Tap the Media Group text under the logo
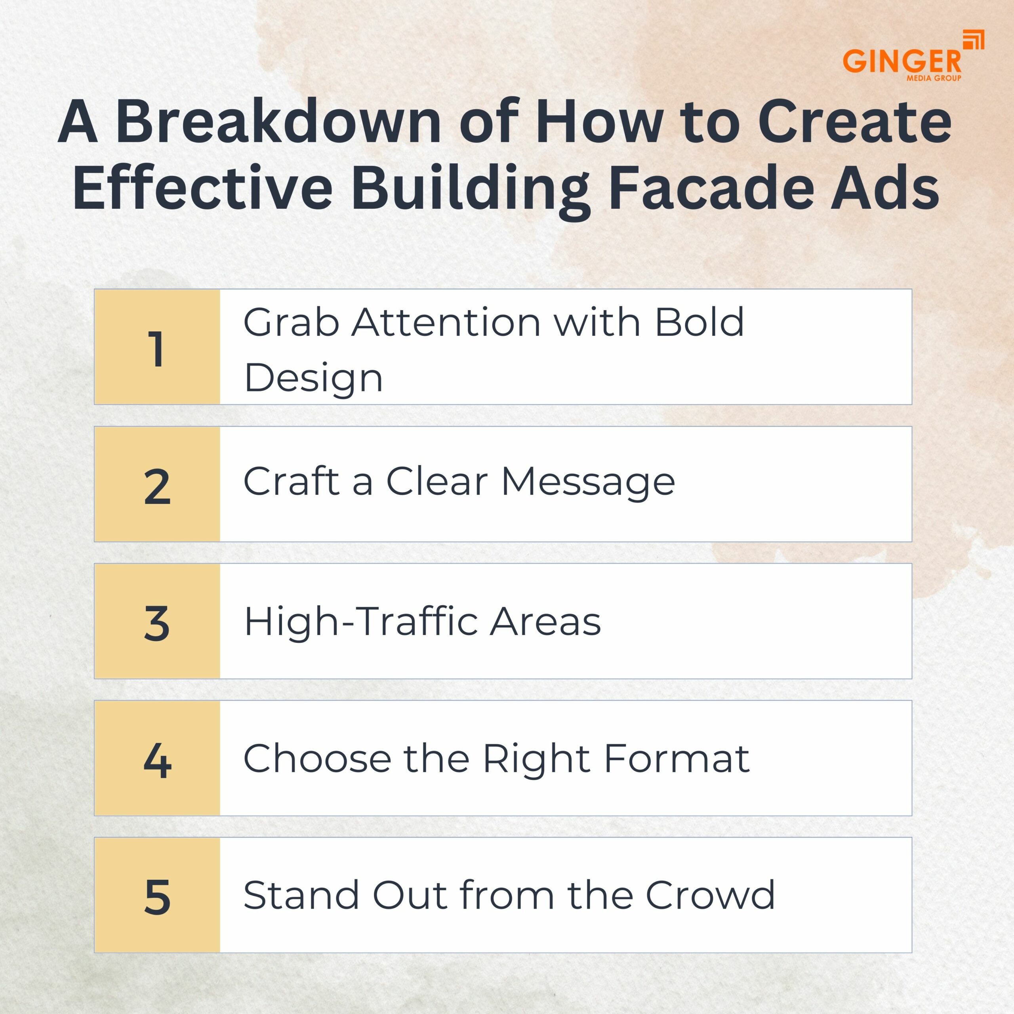(934, 78)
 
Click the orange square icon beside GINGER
(974, 40)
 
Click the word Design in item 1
(313, 378)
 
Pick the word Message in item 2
(588, 482)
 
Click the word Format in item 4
(678, 759)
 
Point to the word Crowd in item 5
(710, 896)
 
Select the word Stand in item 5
(302, 896)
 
